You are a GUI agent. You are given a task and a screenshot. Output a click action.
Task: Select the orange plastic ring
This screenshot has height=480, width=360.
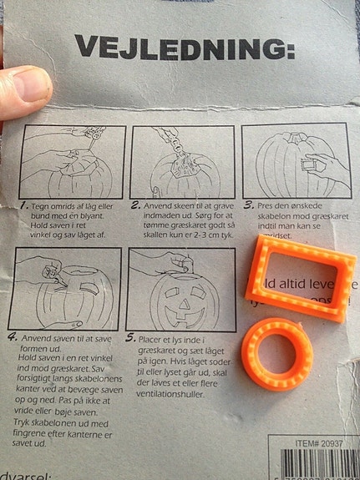(x=278, y=352)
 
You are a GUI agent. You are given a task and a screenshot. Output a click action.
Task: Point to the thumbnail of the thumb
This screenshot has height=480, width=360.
(x=27, y=84)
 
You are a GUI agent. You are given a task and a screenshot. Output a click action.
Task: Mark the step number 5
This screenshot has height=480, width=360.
(x=130, y=338)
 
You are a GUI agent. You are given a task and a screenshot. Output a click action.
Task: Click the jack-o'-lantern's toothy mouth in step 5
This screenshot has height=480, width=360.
(x=179, y=316)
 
